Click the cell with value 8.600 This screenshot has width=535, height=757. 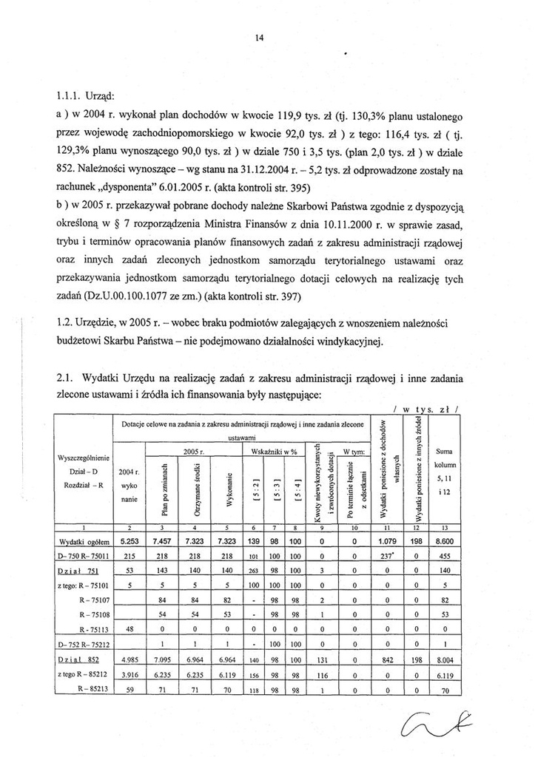tap(445, 543)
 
